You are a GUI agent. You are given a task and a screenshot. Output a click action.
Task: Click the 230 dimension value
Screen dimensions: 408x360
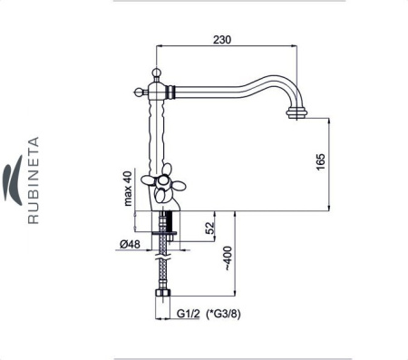[222, 40]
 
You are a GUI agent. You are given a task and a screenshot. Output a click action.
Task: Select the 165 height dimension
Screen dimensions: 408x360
[321, 161]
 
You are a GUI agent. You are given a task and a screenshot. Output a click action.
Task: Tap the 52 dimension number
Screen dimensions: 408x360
[209, 229]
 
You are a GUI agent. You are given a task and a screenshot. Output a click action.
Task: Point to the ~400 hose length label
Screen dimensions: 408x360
[228, 258]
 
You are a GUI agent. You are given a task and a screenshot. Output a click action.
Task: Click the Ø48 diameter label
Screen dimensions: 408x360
[130, 244]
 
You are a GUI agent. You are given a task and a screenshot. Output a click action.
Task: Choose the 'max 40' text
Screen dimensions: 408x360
[128, 189]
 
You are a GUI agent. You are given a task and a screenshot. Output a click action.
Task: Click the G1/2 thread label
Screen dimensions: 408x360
[189, 314]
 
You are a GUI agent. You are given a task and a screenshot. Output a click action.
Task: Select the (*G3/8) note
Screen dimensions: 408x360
[223, 314]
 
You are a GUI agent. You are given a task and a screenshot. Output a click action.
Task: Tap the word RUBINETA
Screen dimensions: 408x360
[34, 180]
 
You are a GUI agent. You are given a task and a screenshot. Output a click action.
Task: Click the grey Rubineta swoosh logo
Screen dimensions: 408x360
[14, 180]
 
